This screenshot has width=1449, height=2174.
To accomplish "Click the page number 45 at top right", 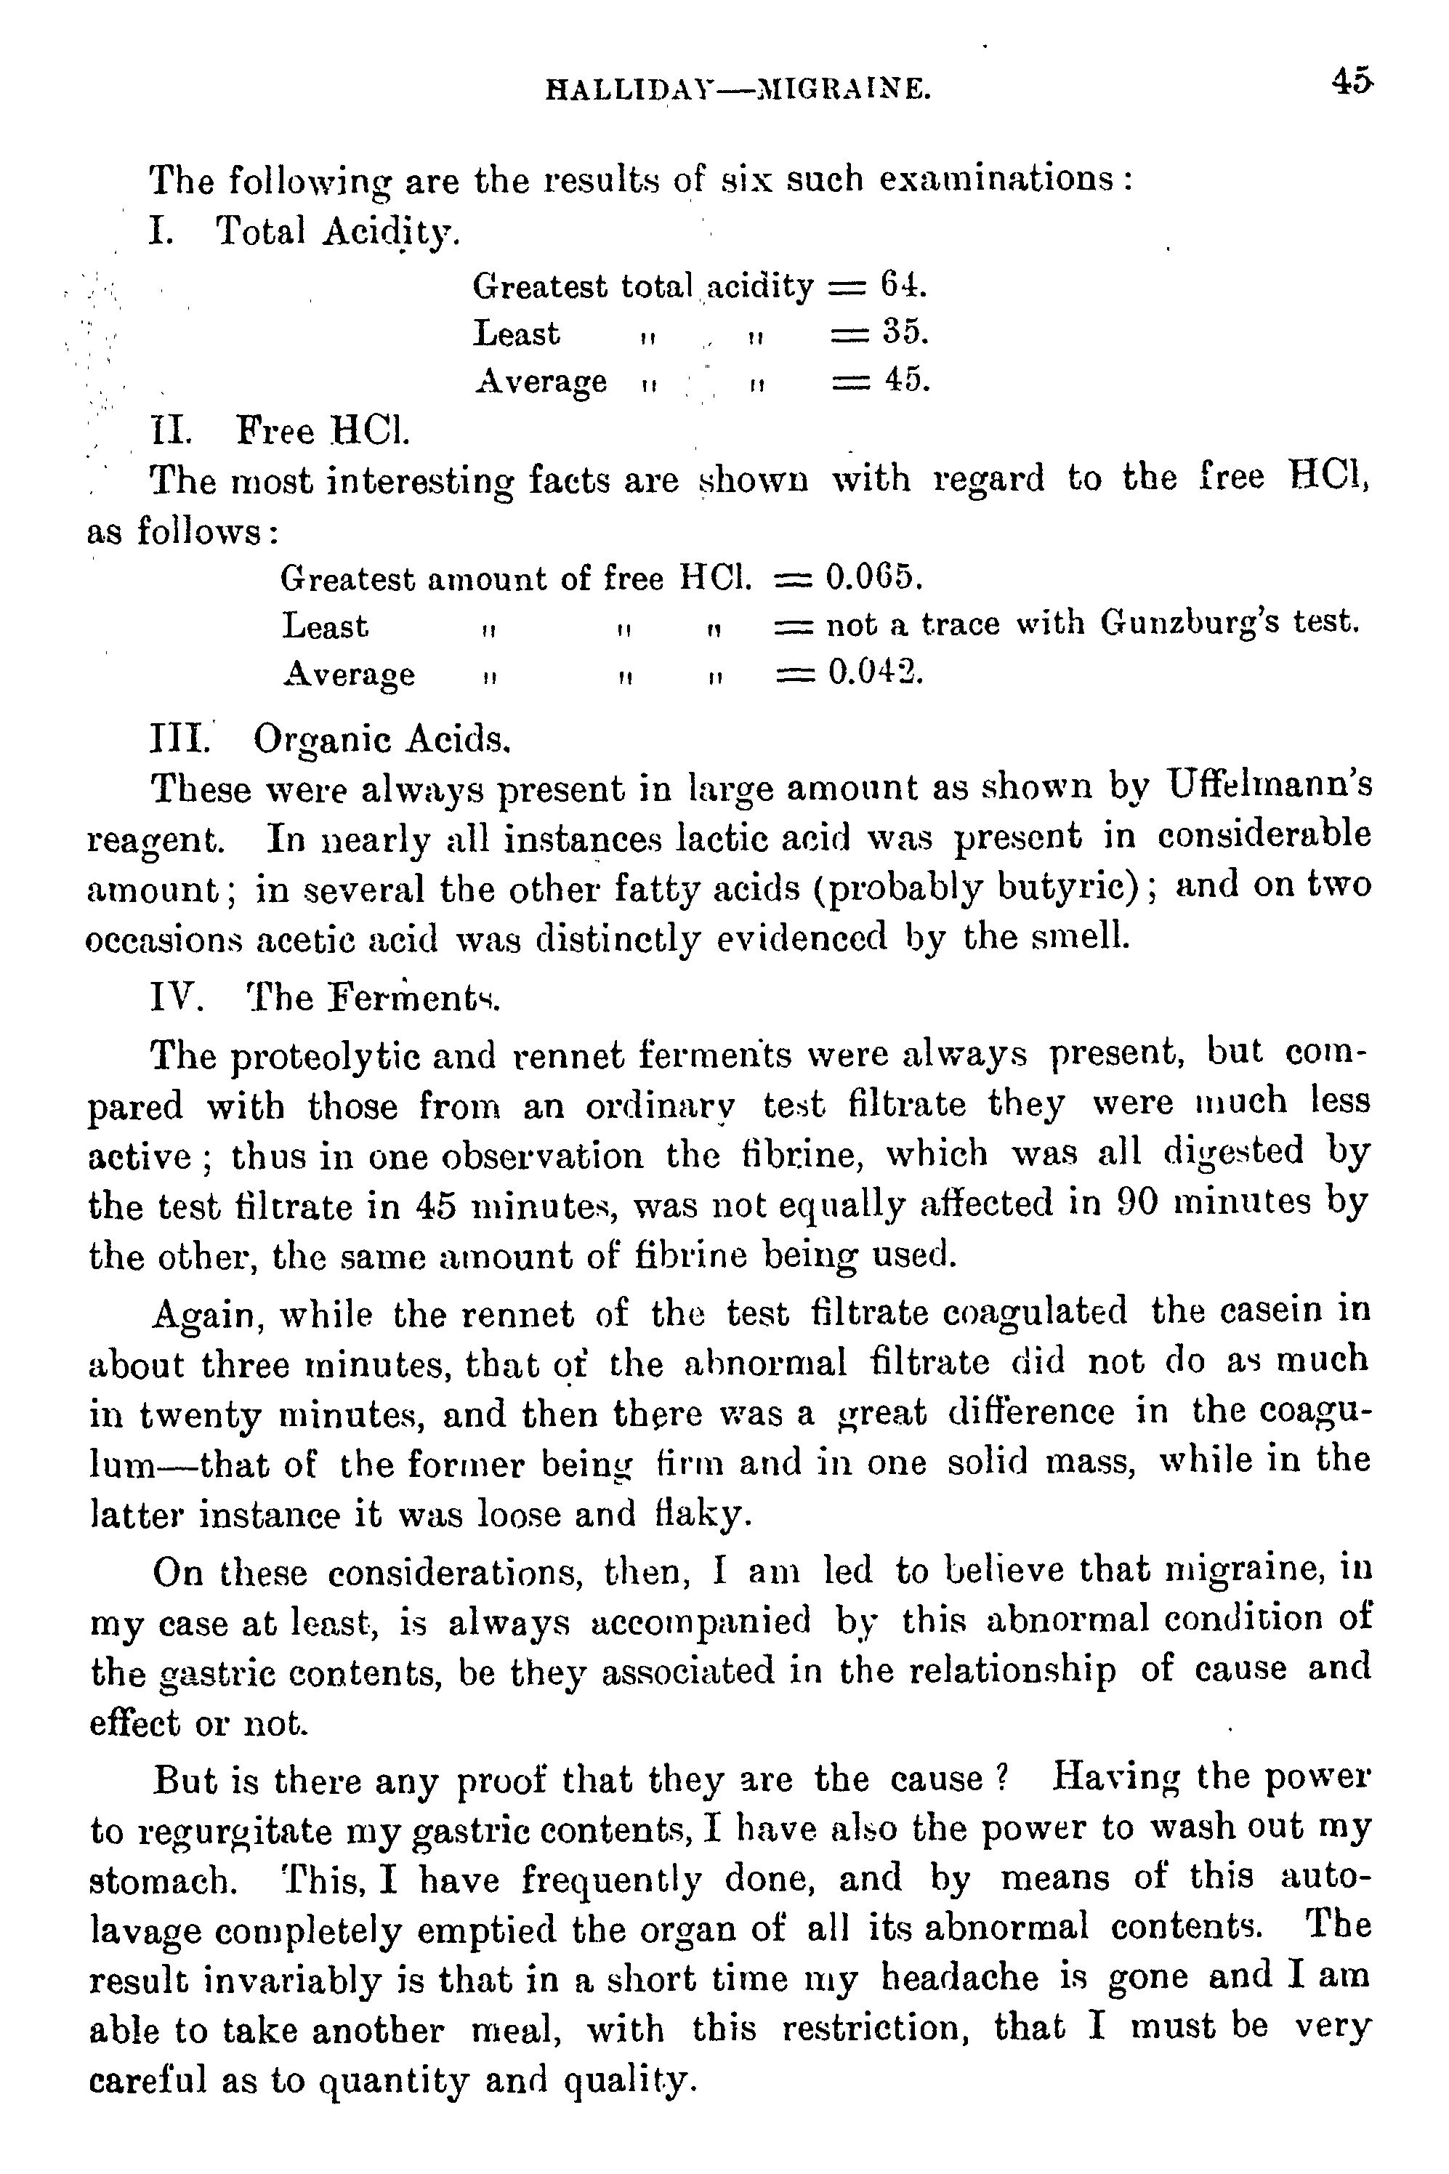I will [1352, 82].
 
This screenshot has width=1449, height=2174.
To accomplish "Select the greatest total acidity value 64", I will [902, 286].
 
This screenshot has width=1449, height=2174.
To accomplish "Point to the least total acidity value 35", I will [903, 333].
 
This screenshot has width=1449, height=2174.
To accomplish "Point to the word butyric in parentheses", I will [1065, 887].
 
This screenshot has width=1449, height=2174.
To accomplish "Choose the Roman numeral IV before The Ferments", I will [176, 997].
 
